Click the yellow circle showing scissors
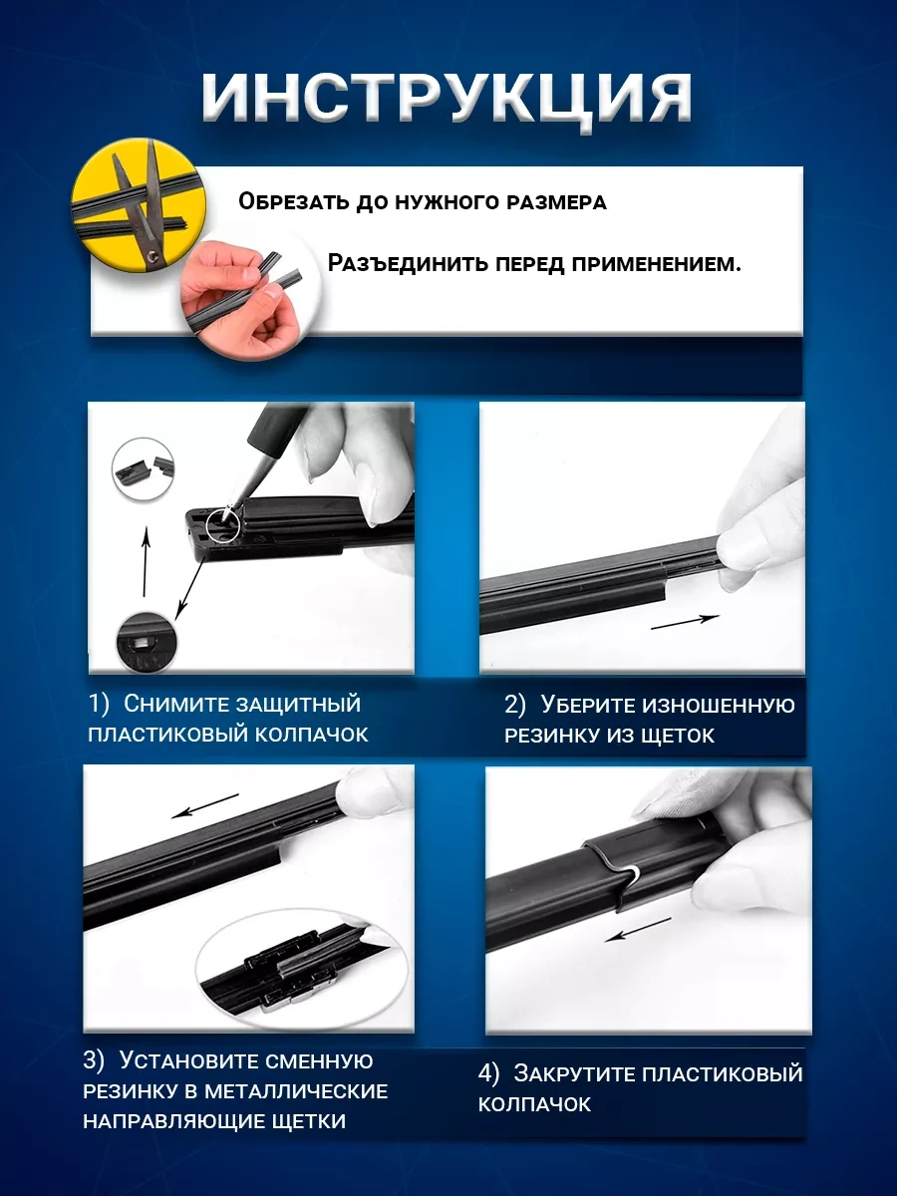[138, 204]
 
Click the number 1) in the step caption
[99, 704]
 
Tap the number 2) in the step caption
[514, 705]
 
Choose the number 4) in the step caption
[488, 1074]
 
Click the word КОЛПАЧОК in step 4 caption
[534, 1104]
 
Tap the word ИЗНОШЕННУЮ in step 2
[719, 706]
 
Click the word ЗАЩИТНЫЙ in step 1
[298, 705]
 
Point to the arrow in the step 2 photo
[685, 622]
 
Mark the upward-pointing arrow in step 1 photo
[146, 561]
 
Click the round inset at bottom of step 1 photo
[147, 641]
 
